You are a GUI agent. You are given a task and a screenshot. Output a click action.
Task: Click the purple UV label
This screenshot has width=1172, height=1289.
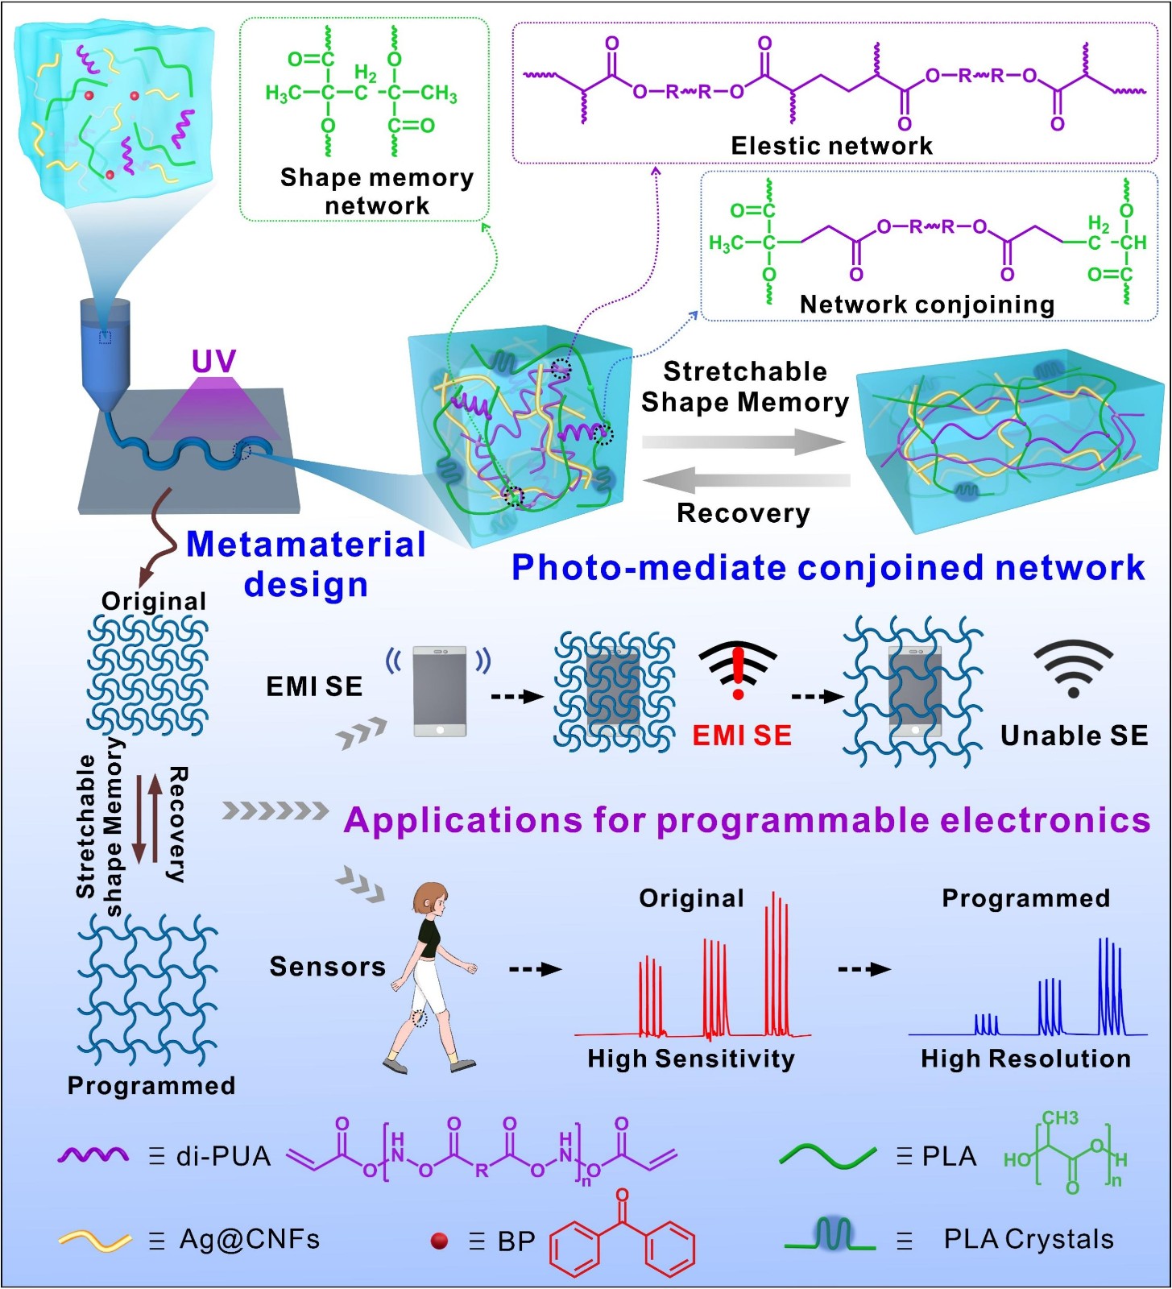coord(213,362)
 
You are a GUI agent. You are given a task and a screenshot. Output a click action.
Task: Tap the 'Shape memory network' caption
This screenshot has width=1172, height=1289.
coord(377,191)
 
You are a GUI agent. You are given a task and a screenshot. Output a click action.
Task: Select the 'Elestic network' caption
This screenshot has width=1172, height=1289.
coord(831,146)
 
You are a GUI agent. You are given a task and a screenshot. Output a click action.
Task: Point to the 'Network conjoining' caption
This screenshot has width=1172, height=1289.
coord(927,305)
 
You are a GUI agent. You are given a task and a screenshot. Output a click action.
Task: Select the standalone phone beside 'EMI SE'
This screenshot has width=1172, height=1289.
coord(439,690)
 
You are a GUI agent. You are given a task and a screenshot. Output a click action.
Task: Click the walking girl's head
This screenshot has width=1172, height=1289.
coord(432,899)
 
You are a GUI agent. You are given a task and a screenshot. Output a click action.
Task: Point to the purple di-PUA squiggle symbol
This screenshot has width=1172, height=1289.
coord(93,1156)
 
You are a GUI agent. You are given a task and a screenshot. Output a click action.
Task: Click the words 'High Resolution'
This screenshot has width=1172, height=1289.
coord(1025,1059)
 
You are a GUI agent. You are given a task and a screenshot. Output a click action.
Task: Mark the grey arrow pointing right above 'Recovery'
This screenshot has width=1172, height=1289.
coord(744,441)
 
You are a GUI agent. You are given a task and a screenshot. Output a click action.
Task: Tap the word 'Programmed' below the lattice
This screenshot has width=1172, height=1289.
coord(151,1086)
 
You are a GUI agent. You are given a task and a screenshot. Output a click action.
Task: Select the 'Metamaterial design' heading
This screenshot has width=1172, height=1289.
coord(306,564)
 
